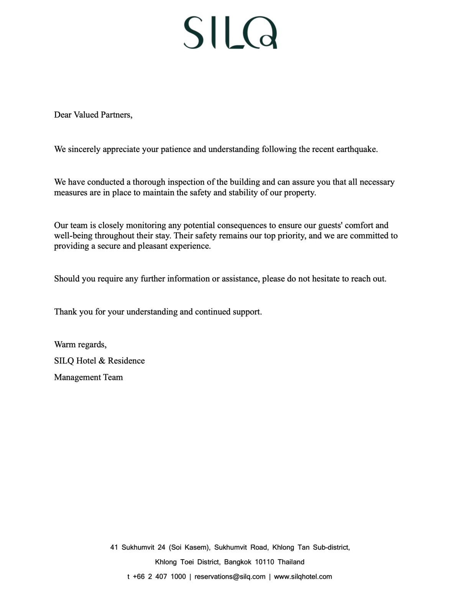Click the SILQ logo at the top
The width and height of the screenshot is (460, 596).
pos(230,33)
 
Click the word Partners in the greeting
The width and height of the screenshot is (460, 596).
pos(117,115)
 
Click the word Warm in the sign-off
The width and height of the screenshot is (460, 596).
pos(65,344)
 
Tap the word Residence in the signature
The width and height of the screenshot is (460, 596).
pos(126,361)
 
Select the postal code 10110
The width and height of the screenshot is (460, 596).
pos(264,562)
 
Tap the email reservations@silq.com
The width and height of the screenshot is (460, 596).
pos(230,576)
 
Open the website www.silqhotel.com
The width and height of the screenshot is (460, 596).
pos(303,576)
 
